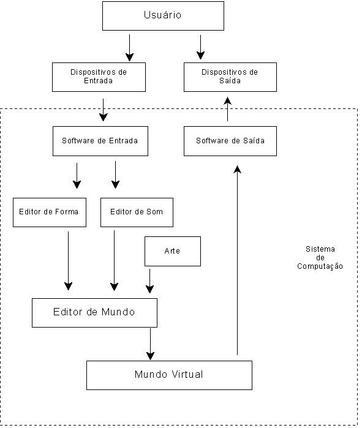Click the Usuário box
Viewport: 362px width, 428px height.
(163, 16)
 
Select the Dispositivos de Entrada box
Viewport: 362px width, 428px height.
(99, 77)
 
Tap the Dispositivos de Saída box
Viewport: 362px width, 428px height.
(230, 77)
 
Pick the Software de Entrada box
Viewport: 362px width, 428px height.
(100, 141)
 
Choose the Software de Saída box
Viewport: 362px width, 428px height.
(230, 141)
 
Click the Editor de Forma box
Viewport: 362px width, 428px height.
(50, 212)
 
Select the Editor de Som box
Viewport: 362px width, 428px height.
(137, 212)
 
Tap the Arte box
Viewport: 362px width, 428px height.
(173, 252)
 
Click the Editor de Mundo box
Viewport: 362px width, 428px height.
(94, 313)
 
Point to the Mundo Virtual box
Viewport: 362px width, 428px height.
(169, 375)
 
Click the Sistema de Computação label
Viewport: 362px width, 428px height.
(320, 257)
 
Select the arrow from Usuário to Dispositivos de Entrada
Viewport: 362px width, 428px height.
(129, 48)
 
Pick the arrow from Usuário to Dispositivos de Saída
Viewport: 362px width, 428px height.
(201, 47)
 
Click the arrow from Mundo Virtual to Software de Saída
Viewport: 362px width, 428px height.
(238, 260)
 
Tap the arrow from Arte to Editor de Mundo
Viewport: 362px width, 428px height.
(149, 281)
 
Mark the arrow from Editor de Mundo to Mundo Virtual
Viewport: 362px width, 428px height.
(151, 344)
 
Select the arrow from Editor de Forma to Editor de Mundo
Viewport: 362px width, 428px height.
(68, 261)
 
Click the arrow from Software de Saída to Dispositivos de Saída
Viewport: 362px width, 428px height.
(227, 109)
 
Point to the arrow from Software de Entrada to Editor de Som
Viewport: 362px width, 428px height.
(116, 175)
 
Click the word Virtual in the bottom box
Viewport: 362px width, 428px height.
(187, 374)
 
